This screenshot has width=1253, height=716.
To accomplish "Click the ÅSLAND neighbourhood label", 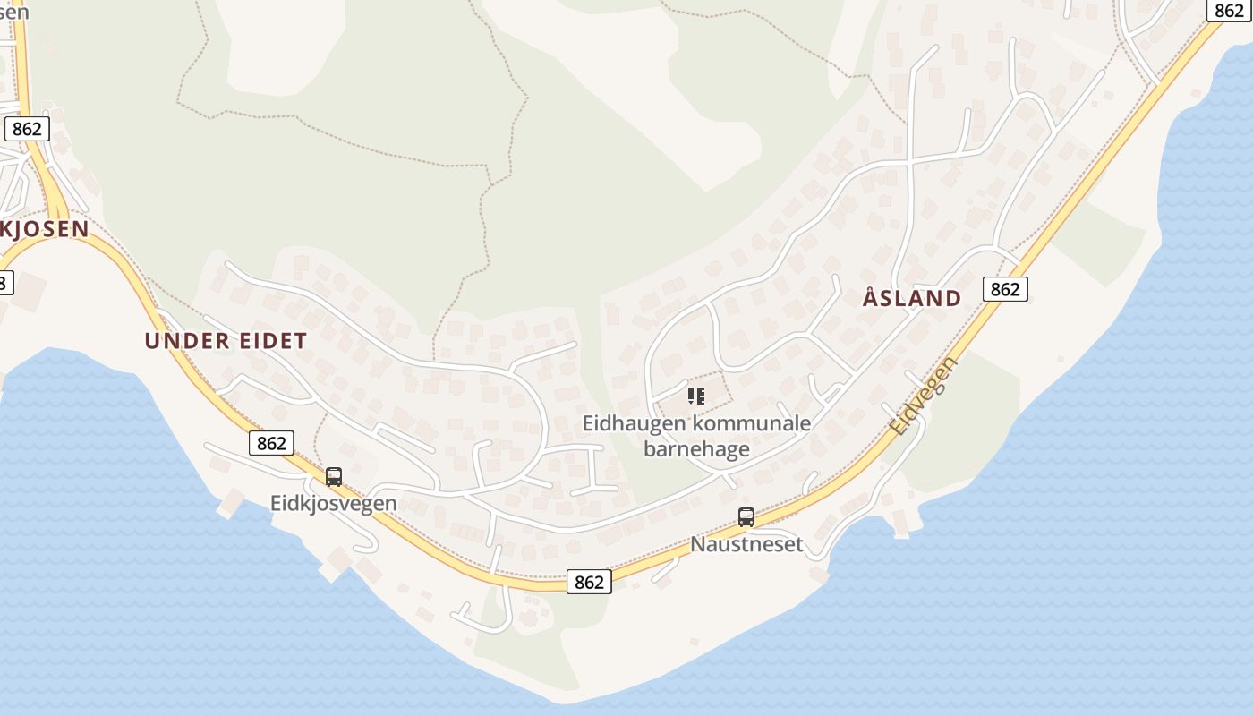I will point(912,298).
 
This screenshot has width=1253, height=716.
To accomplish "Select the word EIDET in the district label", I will point(273,341).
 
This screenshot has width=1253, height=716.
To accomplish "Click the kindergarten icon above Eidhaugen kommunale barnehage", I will point(696,396).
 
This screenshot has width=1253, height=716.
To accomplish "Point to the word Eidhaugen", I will point(634,422).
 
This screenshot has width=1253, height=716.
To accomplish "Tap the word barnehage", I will point(696,448).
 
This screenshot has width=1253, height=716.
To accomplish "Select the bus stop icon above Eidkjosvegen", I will point(334,477).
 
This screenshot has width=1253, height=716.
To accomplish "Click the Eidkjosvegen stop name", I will point(333,503).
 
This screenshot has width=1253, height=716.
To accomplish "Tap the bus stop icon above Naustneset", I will point(746,517).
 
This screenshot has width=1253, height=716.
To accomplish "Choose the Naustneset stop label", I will point(746,544).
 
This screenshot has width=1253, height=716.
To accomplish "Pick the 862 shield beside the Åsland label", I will point(1005,289).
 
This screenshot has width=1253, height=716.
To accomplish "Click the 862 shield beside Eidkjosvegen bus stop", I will point(271,443).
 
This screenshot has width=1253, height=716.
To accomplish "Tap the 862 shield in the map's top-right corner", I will point(1230,11).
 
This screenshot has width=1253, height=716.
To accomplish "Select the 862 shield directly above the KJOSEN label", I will point(27,129).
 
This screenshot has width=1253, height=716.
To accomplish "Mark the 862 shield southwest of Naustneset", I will point(589,582).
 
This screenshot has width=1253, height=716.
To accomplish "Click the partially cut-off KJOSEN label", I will point(45,229).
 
